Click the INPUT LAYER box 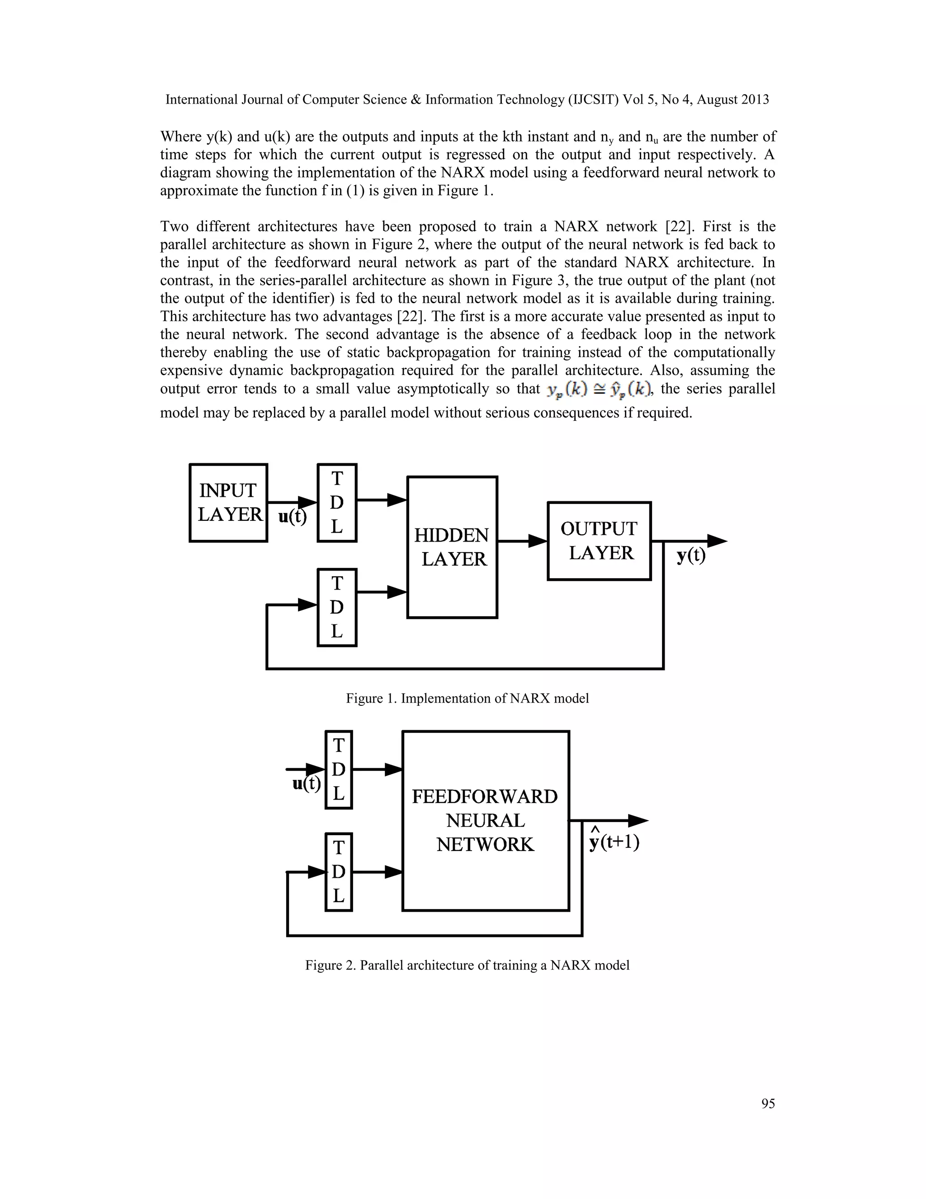[x=228, y=503]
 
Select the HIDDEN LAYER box [x=452, y=547]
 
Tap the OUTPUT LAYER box [x=599, y=541]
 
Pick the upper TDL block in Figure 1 [x=337, y=503]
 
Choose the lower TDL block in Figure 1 [x=337, y=607]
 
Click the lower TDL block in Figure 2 [x=339, y=872]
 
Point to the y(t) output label [x=691, y=556]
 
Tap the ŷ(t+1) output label [x=614, y=842]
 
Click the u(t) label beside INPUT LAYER [x=293, y=517]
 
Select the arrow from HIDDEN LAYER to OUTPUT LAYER [x=522, y=541]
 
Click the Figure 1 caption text [x=467, y=698]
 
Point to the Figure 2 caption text [x=467, y=965]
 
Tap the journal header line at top [x=467, y=100]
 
